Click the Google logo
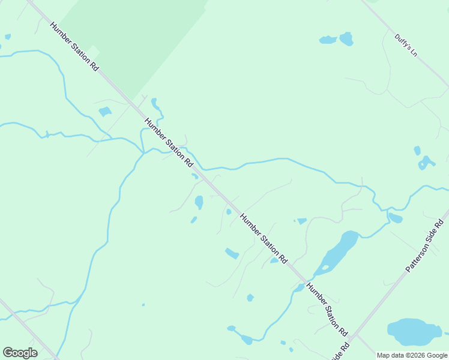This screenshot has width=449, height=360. coord(20,352)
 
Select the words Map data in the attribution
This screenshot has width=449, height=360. coord(391,356)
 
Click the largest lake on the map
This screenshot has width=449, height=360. coord(414,332)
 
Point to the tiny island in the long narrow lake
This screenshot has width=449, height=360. coord(325,268)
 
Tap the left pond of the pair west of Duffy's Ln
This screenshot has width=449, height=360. coord(328,40)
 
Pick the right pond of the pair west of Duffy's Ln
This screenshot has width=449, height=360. coord(346,39)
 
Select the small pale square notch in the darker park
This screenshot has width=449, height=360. coord(93,52)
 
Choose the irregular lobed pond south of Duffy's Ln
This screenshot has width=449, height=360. coord(426,163)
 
